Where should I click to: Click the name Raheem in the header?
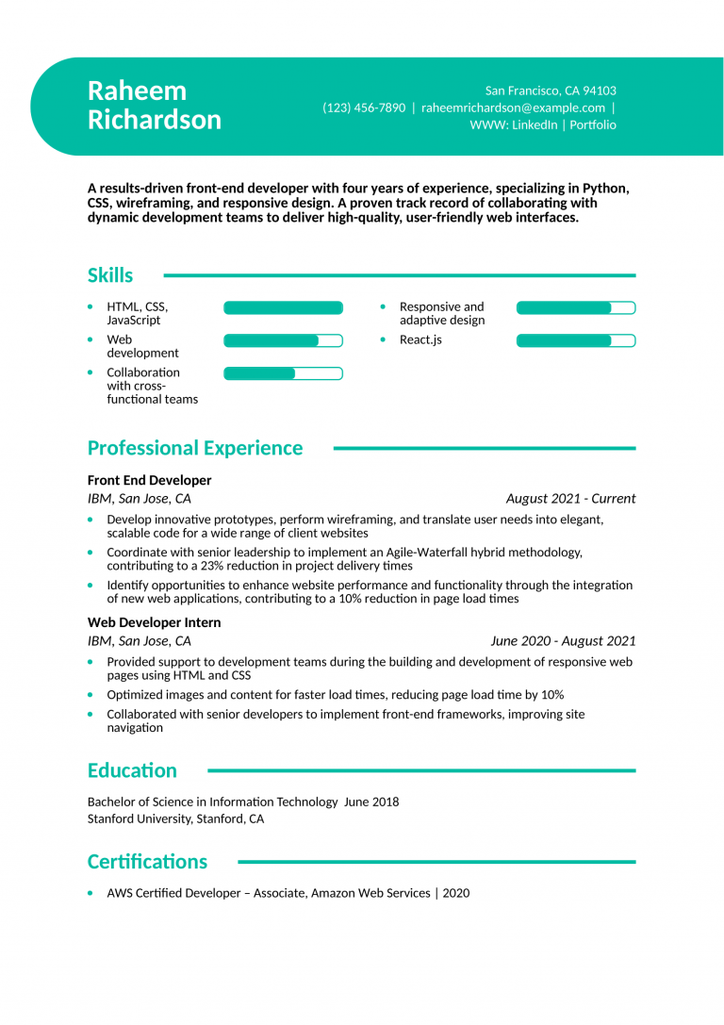137,91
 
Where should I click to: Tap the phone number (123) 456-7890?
364,107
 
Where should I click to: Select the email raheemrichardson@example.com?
513,107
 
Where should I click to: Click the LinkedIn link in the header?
535,124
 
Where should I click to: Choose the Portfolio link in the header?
593,124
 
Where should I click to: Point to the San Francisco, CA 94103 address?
551,91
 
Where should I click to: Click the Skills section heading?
110,275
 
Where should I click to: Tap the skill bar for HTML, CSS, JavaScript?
283,307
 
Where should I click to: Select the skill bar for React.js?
575,340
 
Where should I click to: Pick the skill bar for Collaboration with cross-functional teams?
283,373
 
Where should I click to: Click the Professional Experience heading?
195,448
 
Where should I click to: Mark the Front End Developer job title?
149,480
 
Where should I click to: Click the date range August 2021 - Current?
570,499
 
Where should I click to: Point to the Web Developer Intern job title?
154,622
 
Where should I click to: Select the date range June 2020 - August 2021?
563,641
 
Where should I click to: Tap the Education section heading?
132,770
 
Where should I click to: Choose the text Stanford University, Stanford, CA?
175,819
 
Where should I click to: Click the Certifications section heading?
147,862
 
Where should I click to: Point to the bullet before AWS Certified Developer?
90,893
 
